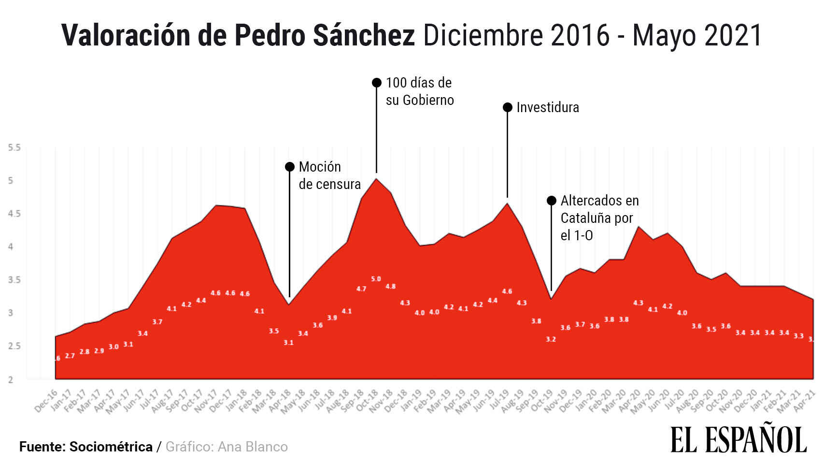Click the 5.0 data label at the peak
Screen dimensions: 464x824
[376, 279]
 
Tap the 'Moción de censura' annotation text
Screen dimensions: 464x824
[329, 175]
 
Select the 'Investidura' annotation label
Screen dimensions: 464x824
[547, 107]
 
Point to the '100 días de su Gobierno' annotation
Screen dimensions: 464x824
[419, 91]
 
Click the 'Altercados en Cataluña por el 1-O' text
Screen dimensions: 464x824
[599, 218]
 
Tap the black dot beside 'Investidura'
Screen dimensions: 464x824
[507, 107]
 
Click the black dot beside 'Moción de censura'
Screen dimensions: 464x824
[290, 167]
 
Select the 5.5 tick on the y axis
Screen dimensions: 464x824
[14, 147]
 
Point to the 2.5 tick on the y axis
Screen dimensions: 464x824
[14, 346]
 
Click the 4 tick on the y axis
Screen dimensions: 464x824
[11, 247]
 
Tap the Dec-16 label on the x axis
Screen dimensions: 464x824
[46, 401]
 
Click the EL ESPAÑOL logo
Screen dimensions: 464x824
[739, 440]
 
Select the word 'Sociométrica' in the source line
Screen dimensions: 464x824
[111, 447]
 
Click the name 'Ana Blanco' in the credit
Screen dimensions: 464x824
[253, 447]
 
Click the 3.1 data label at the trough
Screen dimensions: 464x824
[288, 343]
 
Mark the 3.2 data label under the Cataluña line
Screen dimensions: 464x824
[551, 339]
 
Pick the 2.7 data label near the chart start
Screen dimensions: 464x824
[70, 356]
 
